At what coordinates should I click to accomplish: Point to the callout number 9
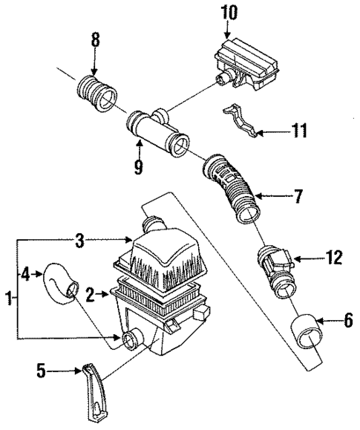coord(138,169)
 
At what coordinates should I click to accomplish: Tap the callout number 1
coord(9,299)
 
